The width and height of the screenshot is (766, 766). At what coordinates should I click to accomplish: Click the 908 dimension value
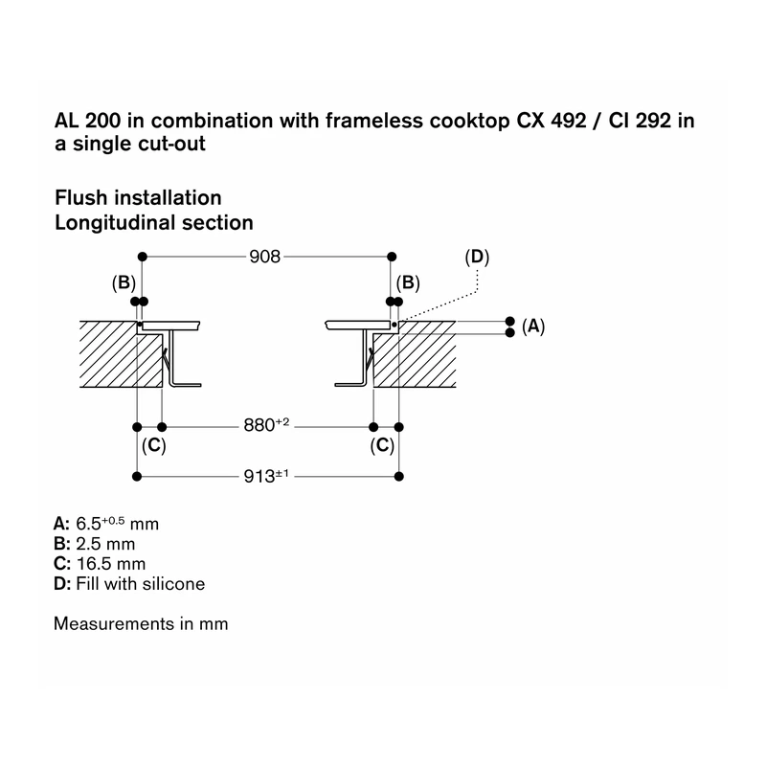click(265, 257)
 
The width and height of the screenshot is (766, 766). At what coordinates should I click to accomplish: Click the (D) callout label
click(477, 257)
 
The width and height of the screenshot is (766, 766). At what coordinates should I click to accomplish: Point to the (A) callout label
click(533, 326)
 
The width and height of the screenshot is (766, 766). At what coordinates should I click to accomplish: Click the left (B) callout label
click(124, 282)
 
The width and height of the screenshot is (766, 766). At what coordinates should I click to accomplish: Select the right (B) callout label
click(408, 282)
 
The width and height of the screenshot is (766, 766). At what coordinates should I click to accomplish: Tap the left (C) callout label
click(154, 445)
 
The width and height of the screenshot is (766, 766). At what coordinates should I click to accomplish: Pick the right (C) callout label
click(382, 445)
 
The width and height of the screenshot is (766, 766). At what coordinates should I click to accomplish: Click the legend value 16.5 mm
click(111, 564)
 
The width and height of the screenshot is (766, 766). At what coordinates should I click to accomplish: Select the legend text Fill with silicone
click(140, 584)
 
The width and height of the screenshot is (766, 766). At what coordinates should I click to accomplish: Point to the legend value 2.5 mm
click(105, 544)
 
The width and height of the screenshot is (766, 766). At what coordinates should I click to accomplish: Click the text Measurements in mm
click(141, 624)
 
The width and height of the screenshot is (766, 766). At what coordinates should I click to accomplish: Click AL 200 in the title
click(87, 121)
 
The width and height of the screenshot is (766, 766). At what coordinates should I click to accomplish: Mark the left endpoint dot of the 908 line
click(142, 257)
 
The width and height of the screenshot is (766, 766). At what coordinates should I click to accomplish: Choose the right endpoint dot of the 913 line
click(399, 476)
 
